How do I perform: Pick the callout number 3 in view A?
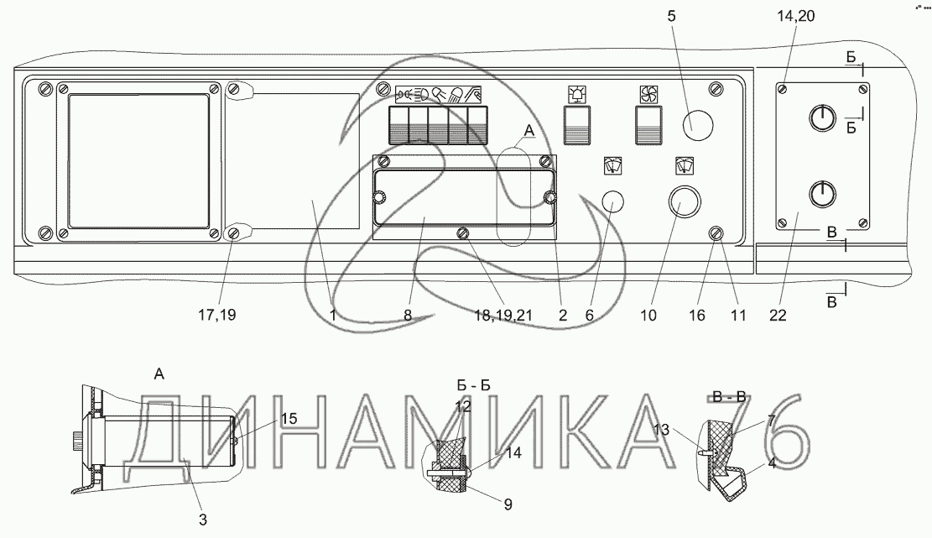coord(202,520)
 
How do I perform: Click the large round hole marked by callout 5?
coord(697,126)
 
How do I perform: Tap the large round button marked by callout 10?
coord(683,201)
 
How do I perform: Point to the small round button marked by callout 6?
coord(614,203)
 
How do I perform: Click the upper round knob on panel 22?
coord(823,118)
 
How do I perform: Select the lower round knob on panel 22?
coord(823,196)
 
